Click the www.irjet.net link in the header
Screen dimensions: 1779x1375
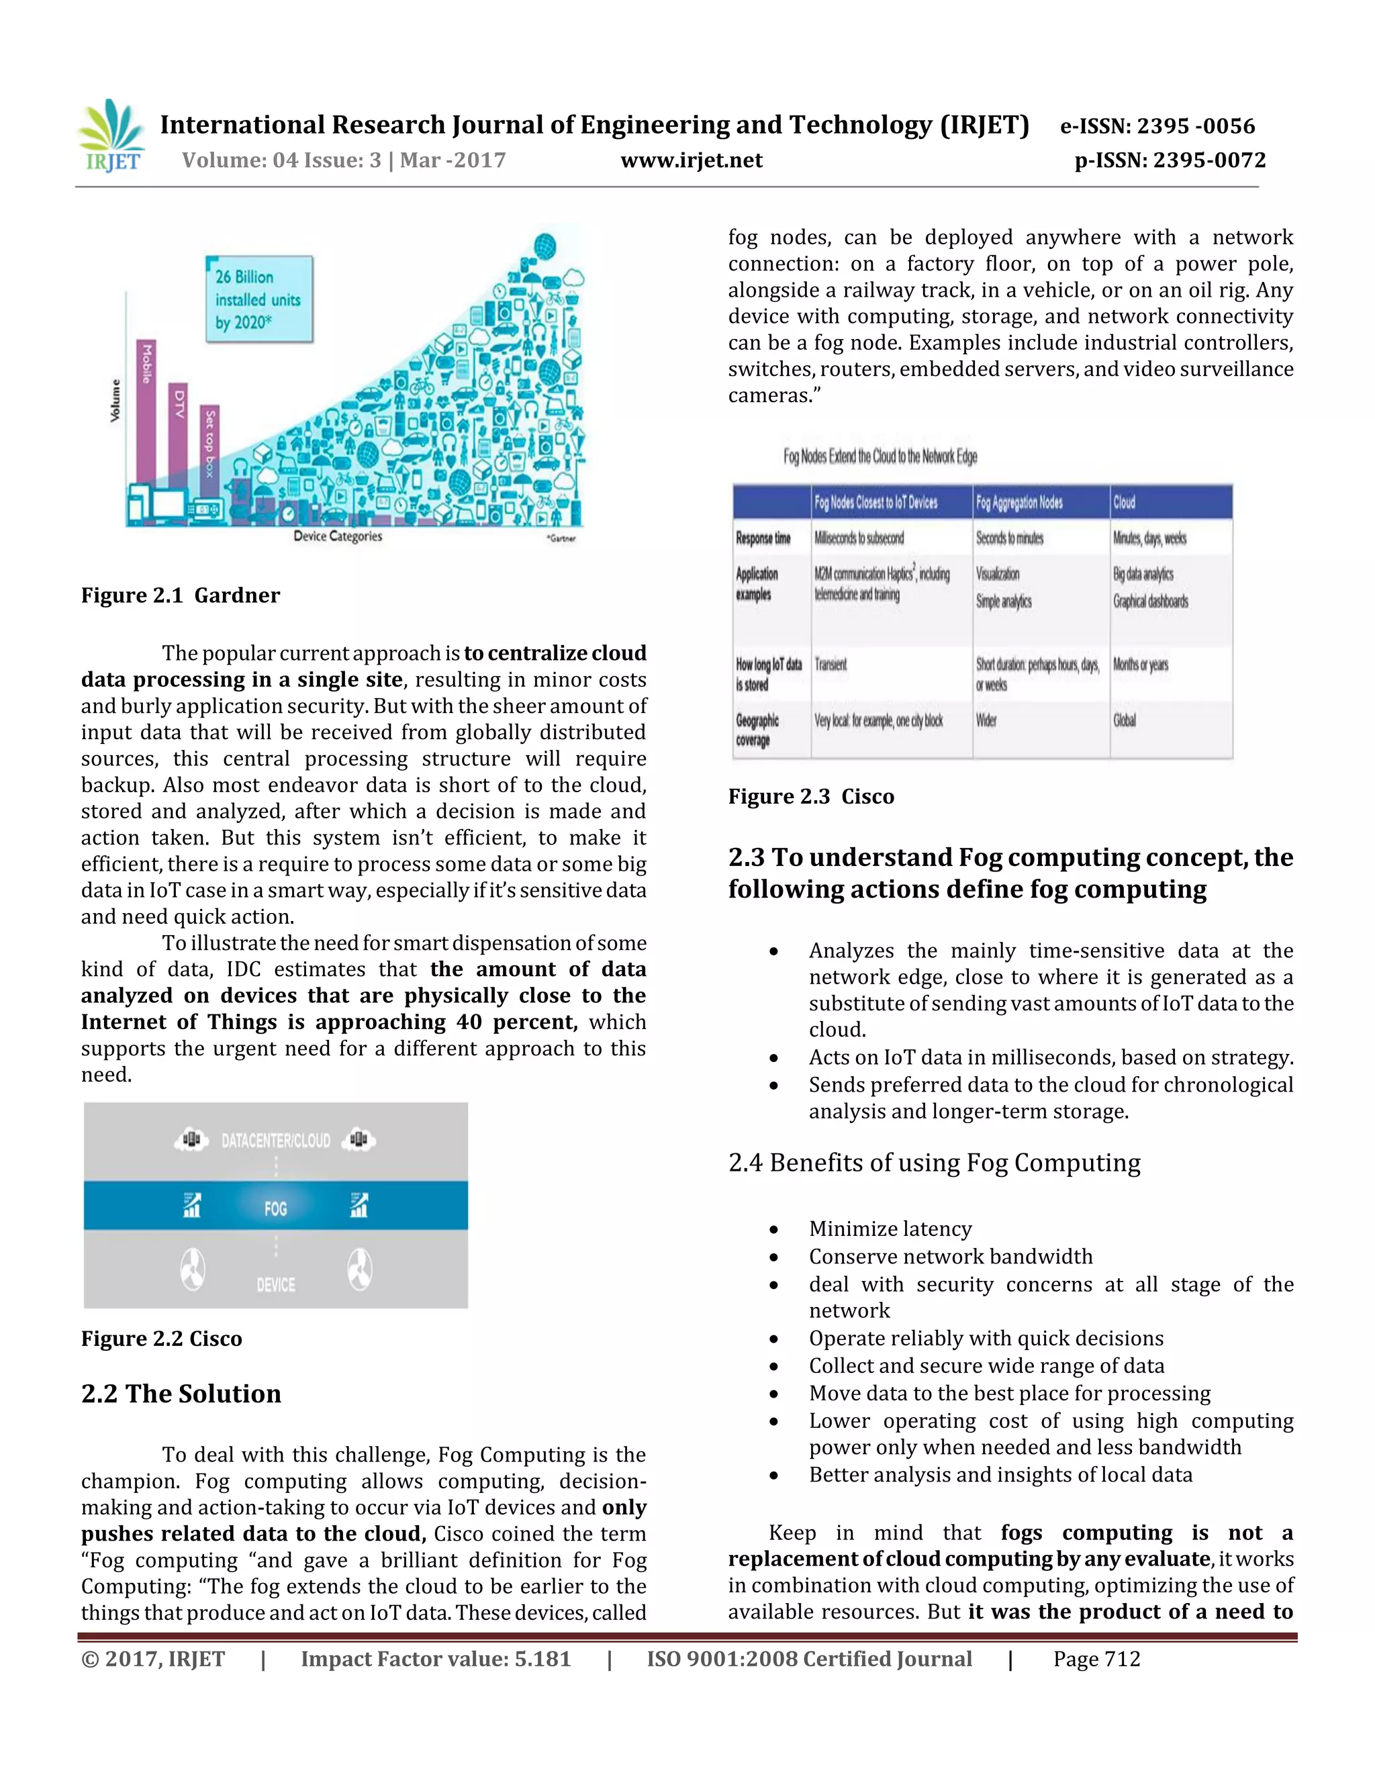[691, 160]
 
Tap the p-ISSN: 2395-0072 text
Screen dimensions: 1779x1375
[1170, 160]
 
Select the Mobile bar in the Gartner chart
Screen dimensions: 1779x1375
[146, 412]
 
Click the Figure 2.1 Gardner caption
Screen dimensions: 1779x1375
[180, 595]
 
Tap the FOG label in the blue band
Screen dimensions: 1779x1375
[275, 1208]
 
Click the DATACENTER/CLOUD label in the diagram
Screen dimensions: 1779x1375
[275, 1141]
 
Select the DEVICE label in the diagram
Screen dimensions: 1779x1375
[275, 1284]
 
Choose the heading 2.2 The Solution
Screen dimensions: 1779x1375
[181, 1394]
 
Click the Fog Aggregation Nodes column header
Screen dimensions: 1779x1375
[1019, 503]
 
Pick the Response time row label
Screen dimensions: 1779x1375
[763, 538]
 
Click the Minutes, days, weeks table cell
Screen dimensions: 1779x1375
[1149, 538]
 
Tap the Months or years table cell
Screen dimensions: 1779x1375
[1141, 665]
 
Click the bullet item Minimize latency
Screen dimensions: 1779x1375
[890, 1229]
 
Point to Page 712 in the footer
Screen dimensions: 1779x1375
[1096, 1660]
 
